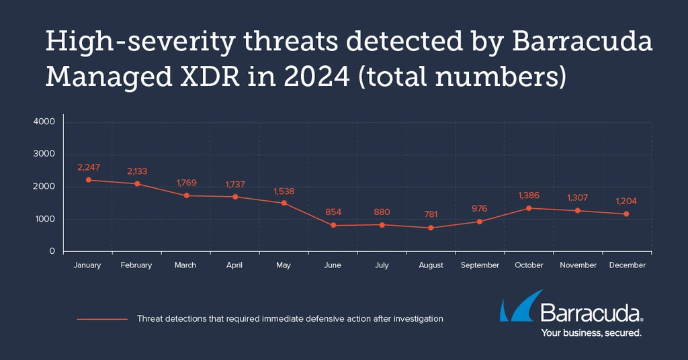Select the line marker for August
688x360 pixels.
click(431, 228)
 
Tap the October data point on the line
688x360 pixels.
click(529, 208)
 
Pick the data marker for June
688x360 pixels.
click(333, 226)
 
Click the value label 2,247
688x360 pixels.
click(87, 166)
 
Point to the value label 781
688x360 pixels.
click(431, 214)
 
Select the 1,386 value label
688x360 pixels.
click(529, 195)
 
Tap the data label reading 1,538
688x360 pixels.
click(284, 191)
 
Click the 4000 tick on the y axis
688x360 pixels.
click(44, 122)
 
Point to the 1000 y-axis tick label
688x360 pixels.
click(44, 219)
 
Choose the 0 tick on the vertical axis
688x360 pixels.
click(52, 251)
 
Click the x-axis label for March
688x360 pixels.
click(185, 265)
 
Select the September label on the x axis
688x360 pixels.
click(480, 265)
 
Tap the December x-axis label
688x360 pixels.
click(628, 265)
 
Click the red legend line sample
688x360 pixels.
click(102, 319)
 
